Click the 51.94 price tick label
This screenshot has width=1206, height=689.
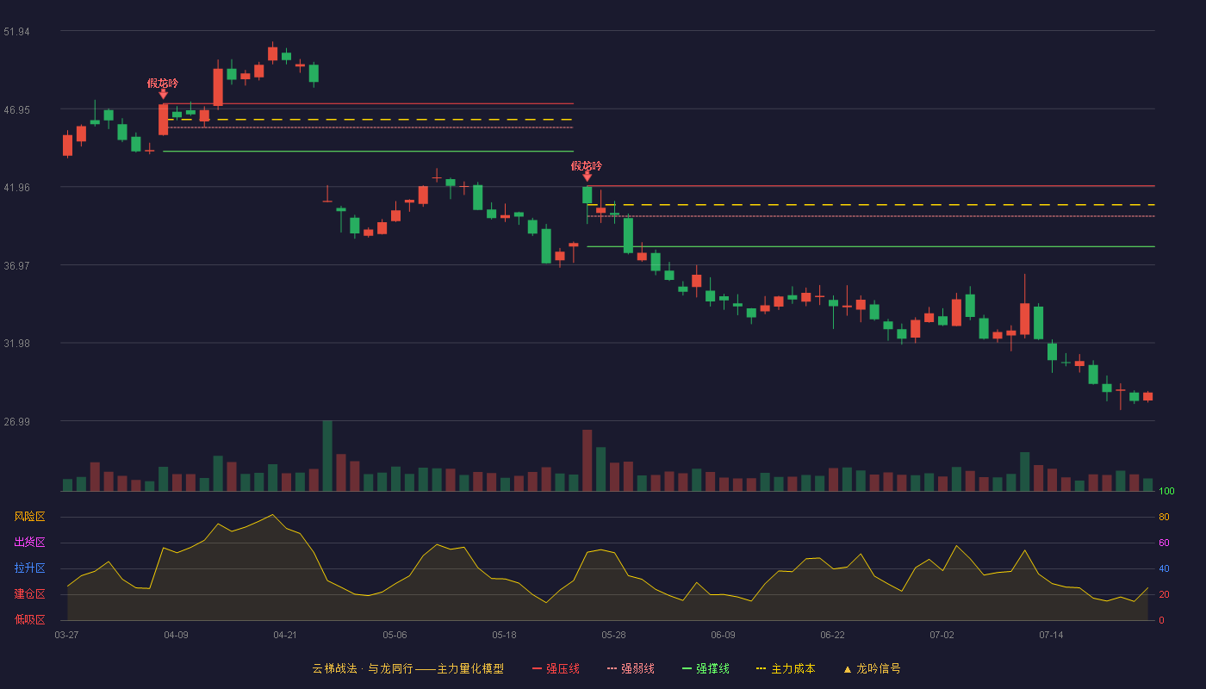point(16,32)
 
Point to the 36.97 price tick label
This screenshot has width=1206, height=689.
point(16,266)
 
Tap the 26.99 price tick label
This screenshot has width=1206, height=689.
point(16,421)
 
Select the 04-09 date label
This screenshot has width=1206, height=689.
point(176,636)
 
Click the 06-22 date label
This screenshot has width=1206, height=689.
point(832,636)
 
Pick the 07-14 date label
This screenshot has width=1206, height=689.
point(1051,636)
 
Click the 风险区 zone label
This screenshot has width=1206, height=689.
point(29,517)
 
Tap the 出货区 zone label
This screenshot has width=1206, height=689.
point(29,542)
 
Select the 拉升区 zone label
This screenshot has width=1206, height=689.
point(29,568)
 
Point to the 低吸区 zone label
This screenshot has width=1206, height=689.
point(29,619)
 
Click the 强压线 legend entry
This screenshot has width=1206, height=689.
point(556,668)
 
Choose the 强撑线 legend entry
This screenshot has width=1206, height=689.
point(706,668)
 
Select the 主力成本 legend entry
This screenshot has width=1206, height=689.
point(786,668)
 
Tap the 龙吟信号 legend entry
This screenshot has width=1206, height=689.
point(872,668)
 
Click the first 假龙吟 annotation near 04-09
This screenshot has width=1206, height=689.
point(163,84)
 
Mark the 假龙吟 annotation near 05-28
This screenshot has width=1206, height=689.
point(587,165)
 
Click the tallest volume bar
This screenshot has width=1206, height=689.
point(327,456)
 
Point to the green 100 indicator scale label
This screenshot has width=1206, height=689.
point(1166,491)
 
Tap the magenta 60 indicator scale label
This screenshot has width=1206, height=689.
point(1164,543)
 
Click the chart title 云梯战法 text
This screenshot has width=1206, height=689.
point(334,668)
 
